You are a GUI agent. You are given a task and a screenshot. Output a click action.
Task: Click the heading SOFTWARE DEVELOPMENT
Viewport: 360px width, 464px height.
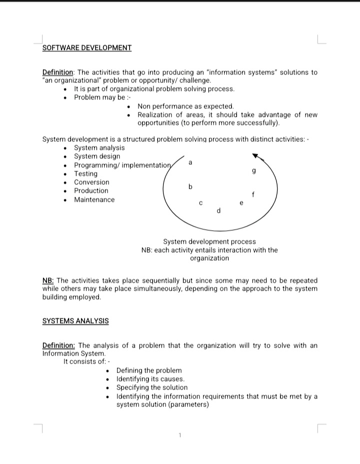coord(87,48)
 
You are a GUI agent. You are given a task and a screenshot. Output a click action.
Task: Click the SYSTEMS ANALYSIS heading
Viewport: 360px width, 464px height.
coord(75,321)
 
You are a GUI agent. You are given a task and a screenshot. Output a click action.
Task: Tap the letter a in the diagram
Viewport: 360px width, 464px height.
coord(190,163)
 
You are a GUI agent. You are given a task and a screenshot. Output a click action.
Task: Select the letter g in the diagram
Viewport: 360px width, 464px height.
coord(254,172)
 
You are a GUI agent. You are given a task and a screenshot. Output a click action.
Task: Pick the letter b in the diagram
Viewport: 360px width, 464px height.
coord(190,187)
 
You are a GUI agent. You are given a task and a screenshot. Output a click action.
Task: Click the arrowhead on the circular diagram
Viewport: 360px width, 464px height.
coord(255,155)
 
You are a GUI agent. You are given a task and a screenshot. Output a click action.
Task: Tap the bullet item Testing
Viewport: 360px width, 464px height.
coord(86,173)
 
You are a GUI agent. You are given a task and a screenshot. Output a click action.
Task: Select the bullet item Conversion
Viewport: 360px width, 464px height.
coord(91,182)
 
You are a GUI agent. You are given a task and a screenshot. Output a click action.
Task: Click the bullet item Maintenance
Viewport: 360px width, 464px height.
coord(94,200)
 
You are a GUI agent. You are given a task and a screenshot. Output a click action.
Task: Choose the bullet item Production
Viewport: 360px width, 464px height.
coord(91,190)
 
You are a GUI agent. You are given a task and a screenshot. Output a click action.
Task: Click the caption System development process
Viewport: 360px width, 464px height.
coord(209,242)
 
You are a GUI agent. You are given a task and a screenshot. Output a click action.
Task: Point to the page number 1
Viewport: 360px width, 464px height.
coord(179,436)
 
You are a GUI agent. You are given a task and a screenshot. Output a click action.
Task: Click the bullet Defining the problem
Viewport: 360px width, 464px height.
coord(149,371)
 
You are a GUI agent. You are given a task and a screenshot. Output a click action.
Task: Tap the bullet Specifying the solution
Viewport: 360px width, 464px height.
coord(152,388)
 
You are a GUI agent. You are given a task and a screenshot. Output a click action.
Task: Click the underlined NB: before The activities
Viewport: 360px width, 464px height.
coord(48,281)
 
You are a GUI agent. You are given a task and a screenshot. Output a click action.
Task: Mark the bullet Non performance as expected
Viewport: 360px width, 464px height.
coord(185,106)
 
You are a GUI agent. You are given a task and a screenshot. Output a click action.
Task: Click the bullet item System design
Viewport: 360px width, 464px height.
coord(97,156)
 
